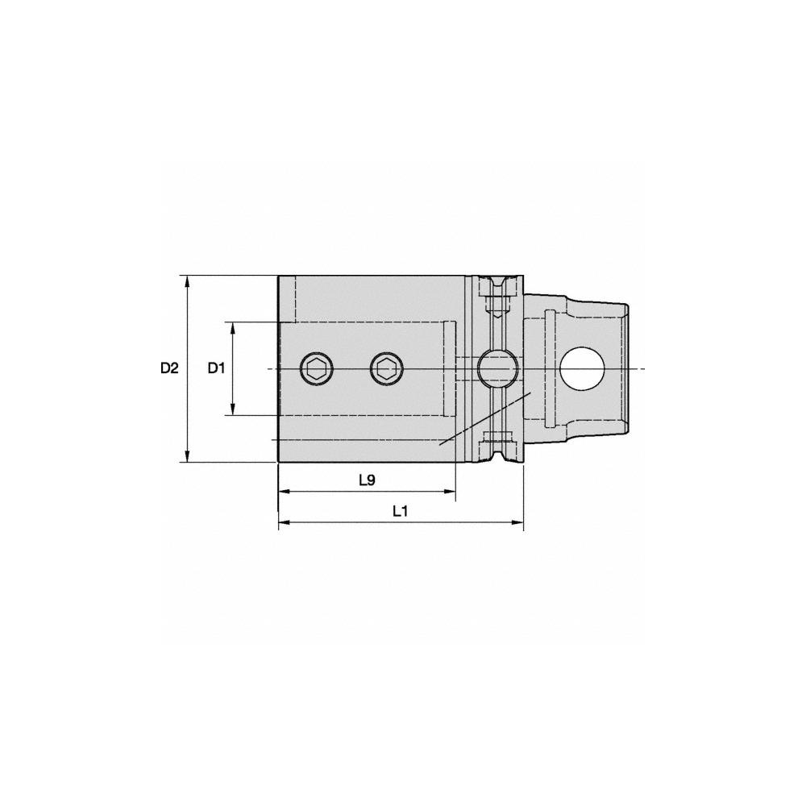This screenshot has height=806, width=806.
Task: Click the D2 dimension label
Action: pyautogui.click(x=168, y=368)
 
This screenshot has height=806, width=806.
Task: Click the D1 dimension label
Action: pyautogui.click(x=215, y=368)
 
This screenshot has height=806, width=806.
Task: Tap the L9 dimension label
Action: pyautogui.click(x=367, y=480)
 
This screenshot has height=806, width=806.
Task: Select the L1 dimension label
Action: pyautogui.click(x=401, y=511)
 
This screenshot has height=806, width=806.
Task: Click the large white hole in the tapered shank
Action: pyautogui.click(x=583, y=369)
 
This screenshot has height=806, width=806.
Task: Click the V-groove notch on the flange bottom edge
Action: pyautogui.click(x=496, y=459)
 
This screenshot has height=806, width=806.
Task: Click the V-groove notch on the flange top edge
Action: pyautogui.click(x=496, y=280)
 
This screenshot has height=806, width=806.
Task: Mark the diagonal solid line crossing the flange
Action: pyautogui.click(x=484, y=419)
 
